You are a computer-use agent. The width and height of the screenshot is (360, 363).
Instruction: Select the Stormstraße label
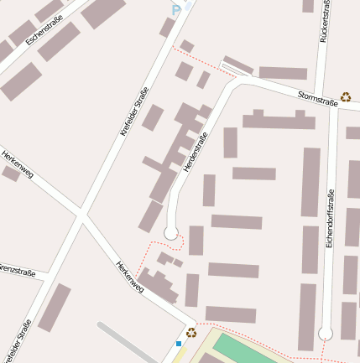317,100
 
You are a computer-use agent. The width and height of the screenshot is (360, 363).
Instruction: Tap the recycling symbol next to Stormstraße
346,97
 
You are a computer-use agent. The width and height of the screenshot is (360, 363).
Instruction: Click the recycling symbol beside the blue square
191,332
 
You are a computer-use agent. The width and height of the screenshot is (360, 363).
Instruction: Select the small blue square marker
179,343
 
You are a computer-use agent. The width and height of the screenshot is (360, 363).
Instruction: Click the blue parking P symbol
176,9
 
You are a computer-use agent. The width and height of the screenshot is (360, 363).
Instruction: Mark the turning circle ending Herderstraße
171,233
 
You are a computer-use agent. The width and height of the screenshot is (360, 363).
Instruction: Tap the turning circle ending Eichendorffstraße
326,334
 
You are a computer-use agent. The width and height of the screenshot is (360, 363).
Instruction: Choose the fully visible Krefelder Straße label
134,111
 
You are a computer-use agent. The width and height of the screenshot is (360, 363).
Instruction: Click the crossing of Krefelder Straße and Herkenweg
81,217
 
